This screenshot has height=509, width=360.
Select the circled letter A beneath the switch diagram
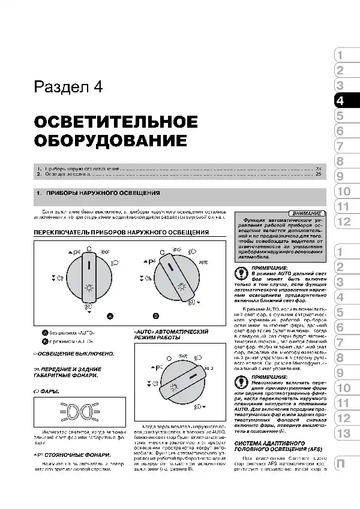pyautogui.click(x=110, y=315)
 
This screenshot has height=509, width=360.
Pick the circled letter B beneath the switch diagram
pyautogui.click(x=155, y=315)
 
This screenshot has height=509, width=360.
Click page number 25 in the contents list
pyautogui.click(x=319, y=175)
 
